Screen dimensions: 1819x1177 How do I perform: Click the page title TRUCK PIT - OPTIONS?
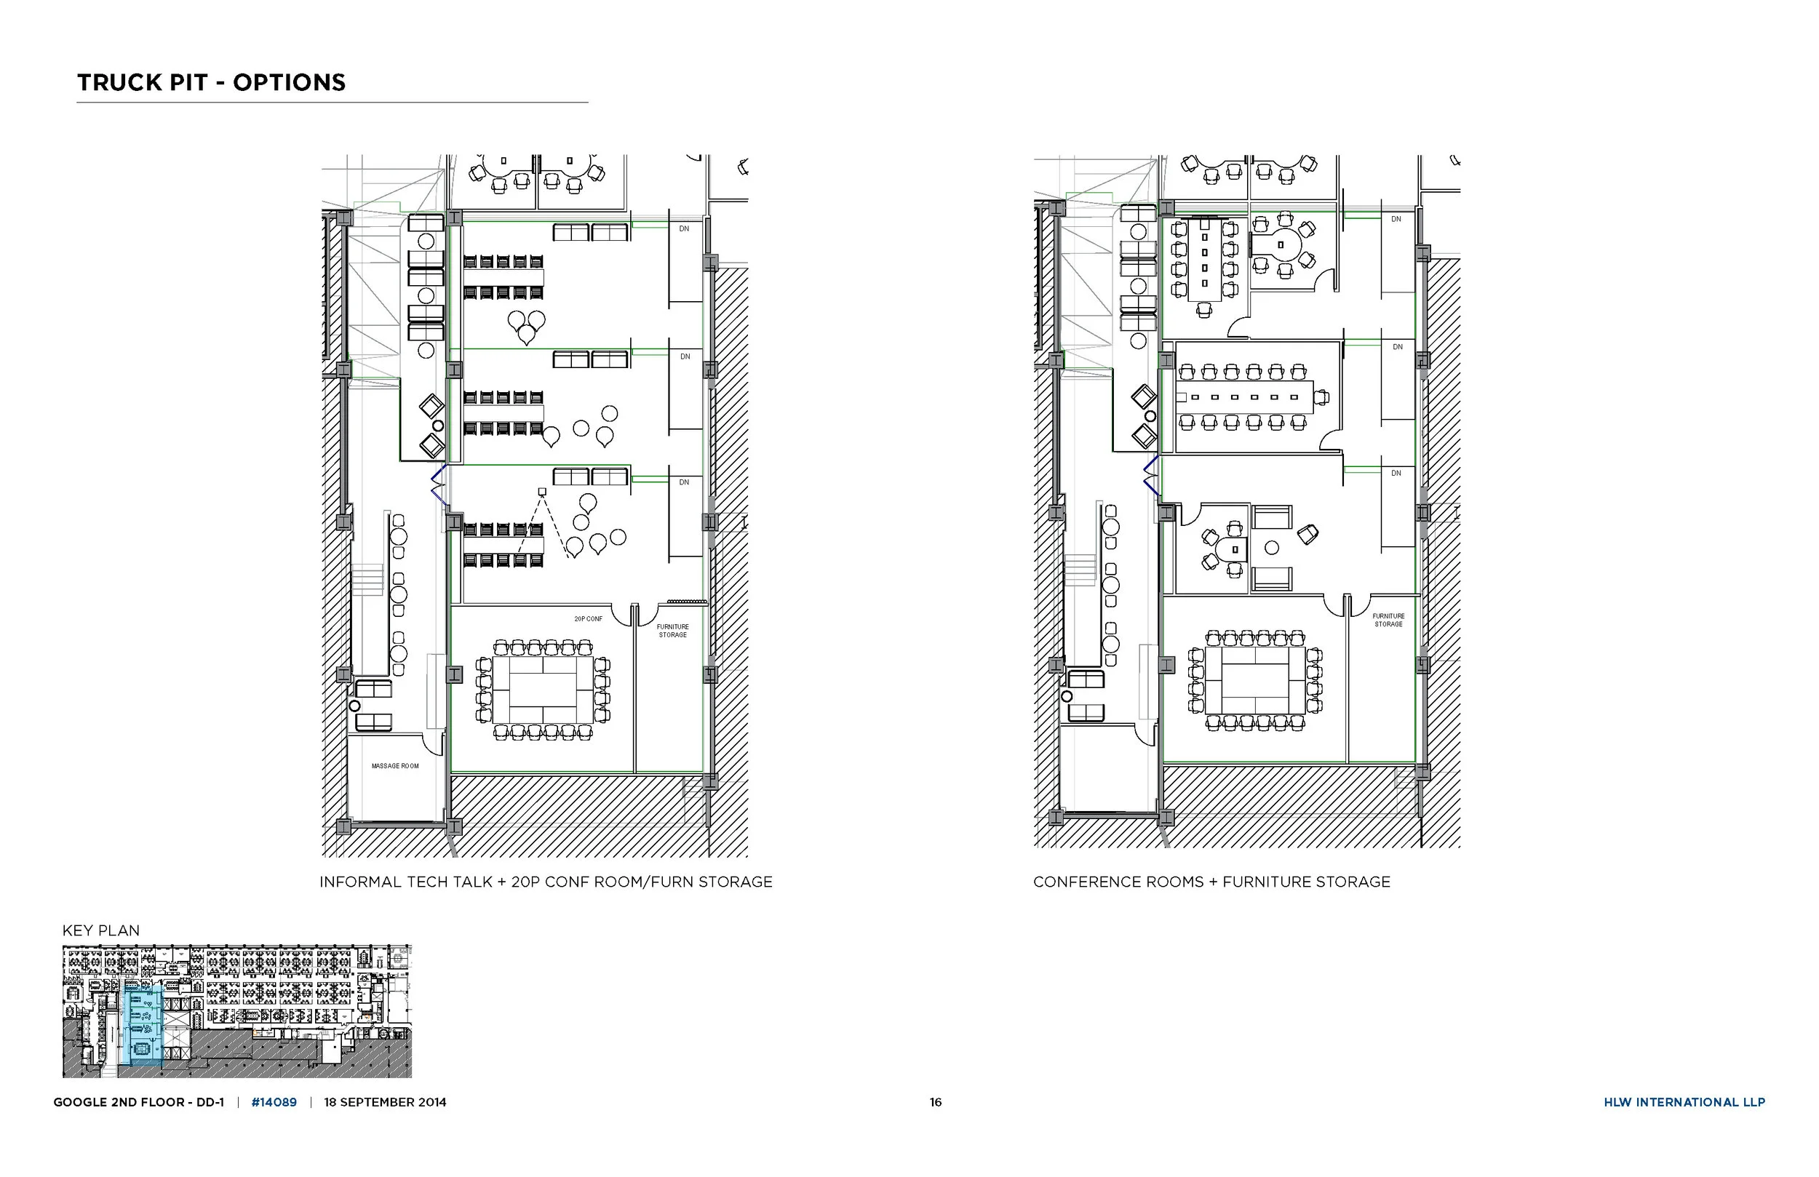(211, 82)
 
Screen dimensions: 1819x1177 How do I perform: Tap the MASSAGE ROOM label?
(395, 766)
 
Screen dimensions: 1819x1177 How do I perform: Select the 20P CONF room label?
(589, 619)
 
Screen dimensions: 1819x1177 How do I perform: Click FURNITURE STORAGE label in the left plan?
(672, 631)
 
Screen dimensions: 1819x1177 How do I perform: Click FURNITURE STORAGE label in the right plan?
(1388, 620)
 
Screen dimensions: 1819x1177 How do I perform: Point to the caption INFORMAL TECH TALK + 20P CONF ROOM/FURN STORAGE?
(546, 882)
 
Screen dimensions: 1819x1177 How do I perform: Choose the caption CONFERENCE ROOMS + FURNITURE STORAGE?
(1211, 882)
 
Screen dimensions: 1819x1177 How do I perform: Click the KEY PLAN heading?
(101, 931)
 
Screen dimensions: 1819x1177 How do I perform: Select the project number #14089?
(274, 1102)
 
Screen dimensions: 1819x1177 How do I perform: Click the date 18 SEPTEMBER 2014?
(385, 1102)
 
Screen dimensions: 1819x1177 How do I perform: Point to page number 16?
(936, 1102)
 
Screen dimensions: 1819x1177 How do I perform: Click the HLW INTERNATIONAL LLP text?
(1684, 1102)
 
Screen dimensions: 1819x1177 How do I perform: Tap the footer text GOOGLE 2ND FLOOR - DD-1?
(138, 1102)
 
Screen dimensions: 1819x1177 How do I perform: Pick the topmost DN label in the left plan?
(684, 228)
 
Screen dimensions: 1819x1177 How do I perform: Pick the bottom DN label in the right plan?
(1396, 473)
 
